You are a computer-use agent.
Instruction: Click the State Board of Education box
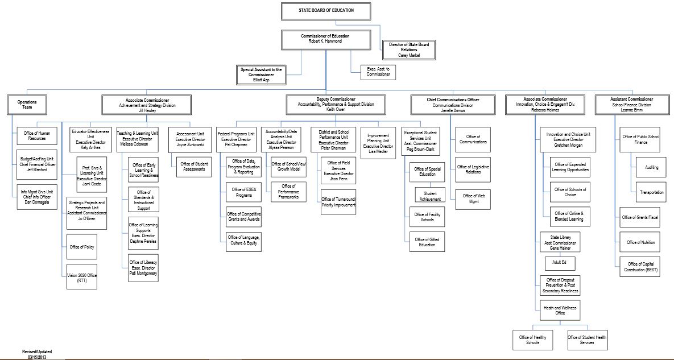pos(326,11)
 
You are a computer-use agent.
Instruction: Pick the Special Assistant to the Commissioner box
pos(261,75)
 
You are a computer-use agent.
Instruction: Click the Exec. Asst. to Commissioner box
pos(378,72)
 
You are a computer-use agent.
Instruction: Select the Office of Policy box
pos(82,247)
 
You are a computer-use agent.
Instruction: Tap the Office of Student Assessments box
pos(194,167)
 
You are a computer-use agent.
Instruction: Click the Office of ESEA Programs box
pos(243,192)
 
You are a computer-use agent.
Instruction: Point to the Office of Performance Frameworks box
pos(288,192)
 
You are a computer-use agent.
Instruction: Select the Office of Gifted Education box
pos(427,242)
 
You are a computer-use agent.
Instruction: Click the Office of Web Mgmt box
pos(473,199)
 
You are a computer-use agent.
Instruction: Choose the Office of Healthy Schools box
pos(532,340)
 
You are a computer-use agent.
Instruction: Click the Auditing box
pos(651,168)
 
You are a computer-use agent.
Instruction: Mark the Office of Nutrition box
pos(640,242)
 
